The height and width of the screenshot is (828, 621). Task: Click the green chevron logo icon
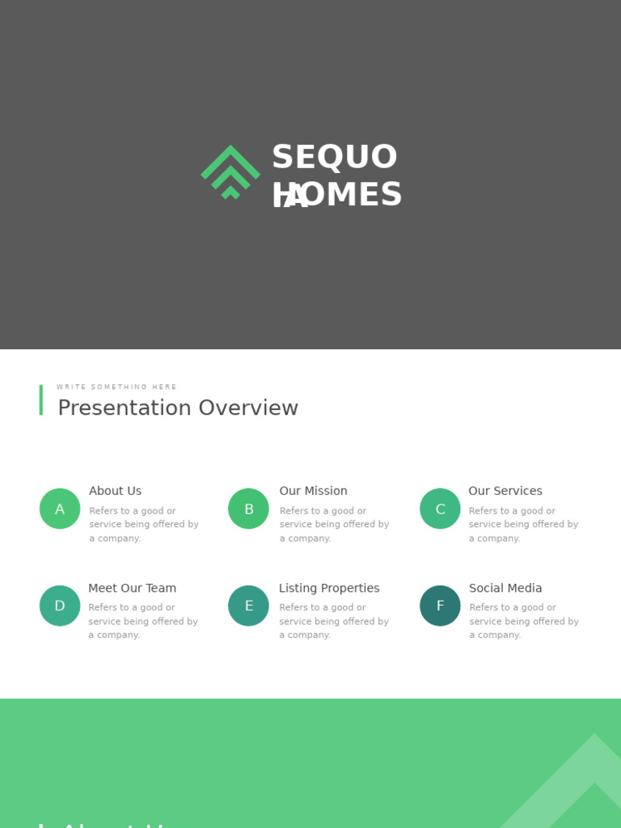pyautogui.click(x=230, y=171)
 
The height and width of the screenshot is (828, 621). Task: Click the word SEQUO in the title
pyautogui.click(x=335, y=157)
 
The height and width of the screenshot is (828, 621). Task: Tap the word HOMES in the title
pyautogui.click(x=337, y=195)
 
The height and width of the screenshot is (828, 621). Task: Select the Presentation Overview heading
pyautogui.click(x=178, y=408)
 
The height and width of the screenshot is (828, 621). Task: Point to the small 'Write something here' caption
pyautogui.click(x=116, y=387)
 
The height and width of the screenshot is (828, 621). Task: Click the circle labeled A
pyautogui.click(x=60, y=509)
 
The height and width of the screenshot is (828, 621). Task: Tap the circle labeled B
pyautogui.click(x=248, y=509)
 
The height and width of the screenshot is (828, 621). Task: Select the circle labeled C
pyautogui.click(x=440, y=509)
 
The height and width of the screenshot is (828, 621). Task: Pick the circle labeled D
pyautogui.click(x=60, y=606)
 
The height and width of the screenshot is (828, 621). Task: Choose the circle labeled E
pyautogui.click(x=248, y=606)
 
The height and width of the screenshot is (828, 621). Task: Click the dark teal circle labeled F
pyautogui.click(x=440, y=606)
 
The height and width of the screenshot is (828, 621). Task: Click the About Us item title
pyautogui.click(x=115, y=491)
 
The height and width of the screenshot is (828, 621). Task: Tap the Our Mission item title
pyautogui.click(x=313, y=491)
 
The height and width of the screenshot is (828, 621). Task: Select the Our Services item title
pyautogui.click(x=505, y=491)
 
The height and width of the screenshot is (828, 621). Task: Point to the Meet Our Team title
pyautogui.click(x=132, y=588)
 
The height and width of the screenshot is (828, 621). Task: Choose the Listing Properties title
pyautogui.click(x=329, y=588)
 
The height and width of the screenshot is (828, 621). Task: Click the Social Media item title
pyautogui.click(x=505, y=588)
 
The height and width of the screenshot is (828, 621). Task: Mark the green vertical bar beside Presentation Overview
pyautogui.click(x=41, y=400)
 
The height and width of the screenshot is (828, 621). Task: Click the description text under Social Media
pyautogui.click(x=524, y=621)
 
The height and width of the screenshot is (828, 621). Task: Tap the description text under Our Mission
pyautogui.click(x=334, y=524)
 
